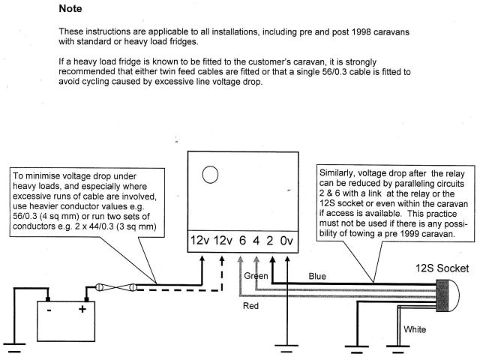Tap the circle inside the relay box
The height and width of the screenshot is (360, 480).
[x=211, y=175]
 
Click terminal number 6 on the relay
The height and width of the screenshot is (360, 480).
[x=241, y=241]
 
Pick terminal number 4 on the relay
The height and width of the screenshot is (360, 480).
[x=256, y=241]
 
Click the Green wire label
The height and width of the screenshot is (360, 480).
[x=255, y=276]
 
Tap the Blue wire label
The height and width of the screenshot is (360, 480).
[x=317, y=276]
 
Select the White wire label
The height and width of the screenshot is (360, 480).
[x=415, y=328]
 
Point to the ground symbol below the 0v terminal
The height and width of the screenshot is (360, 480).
[x=284, y=346]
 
